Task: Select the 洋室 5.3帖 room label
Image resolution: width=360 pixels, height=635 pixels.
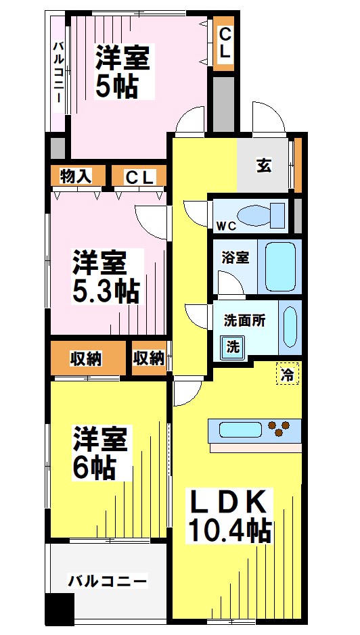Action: (106, 277)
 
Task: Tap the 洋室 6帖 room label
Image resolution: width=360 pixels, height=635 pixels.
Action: (100, 452)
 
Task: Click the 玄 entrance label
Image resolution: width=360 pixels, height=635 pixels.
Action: (263, 166)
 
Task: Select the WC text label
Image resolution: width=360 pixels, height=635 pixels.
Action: (225, 225)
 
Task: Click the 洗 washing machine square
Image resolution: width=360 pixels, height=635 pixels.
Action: (232, 348)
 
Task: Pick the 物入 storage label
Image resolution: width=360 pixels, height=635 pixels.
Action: (76, 177)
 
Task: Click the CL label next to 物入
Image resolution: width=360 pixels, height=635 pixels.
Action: (141, 177)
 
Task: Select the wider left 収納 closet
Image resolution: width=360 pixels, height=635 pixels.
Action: (86, 358)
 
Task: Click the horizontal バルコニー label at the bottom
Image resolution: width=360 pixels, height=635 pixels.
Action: (108, 581)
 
